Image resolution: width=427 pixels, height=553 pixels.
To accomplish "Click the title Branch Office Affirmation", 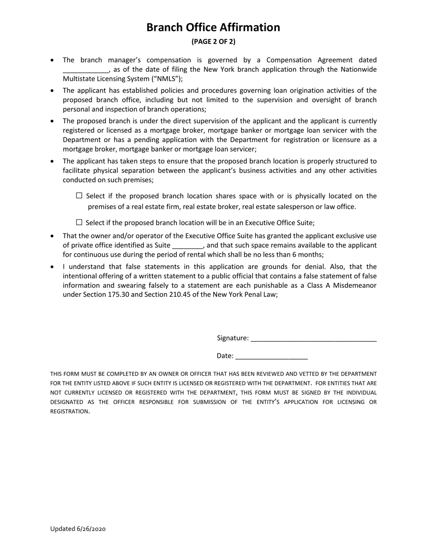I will tap(213, 27).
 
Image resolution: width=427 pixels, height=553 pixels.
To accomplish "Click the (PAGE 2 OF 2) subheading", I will tap(213, 42).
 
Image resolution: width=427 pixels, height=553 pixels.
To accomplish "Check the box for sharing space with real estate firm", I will tap(80, 196).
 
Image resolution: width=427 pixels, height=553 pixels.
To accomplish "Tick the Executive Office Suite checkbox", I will tap(80, 222).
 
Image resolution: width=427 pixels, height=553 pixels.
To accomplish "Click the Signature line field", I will tap(313, 338).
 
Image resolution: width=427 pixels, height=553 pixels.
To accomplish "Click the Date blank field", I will tap(271, 356).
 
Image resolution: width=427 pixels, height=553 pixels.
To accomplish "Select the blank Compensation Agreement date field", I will tap(85, 70).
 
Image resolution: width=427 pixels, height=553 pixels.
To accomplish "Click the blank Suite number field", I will tap(187, 245).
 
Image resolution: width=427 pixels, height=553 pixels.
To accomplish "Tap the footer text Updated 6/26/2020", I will tap(78, 529).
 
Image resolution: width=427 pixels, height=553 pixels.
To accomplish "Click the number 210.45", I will tap(174, 295).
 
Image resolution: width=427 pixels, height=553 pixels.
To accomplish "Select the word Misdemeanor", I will tap(355, 285).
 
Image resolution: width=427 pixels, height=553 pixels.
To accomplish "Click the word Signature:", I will tap(232, 338).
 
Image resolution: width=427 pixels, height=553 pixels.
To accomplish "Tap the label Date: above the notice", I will tap(225, 356).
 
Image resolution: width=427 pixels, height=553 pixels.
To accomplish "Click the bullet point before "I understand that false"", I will tap(53, 267).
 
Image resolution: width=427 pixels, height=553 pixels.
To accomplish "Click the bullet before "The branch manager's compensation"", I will tap(53, 60).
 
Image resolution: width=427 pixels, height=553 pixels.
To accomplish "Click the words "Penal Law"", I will tap(261, 295).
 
